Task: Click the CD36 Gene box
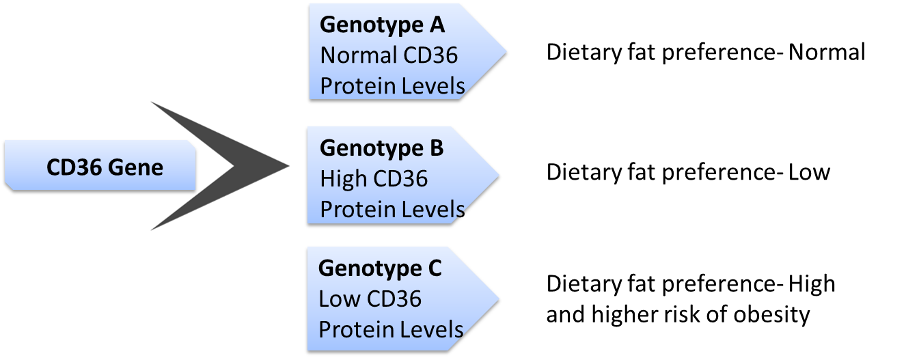pos(100,165)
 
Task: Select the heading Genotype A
pos(382,25)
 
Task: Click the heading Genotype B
pos(381,148)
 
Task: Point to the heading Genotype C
pos(380,269)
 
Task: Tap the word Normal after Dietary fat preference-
pos(827,52)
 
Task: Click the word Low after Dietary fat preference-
pos(809,171)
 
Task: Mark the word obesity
pos(771,315)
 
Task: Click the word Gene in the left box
pos(136,167)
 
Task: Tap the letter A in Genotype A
pos(437,25)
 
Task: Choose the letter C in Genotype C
pos(435,268)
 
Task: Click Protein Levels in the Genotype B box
pos(392,209)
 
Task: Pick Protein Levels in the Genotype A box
pos(392,85)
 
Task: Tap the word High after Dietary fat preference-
pos(812,284)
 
